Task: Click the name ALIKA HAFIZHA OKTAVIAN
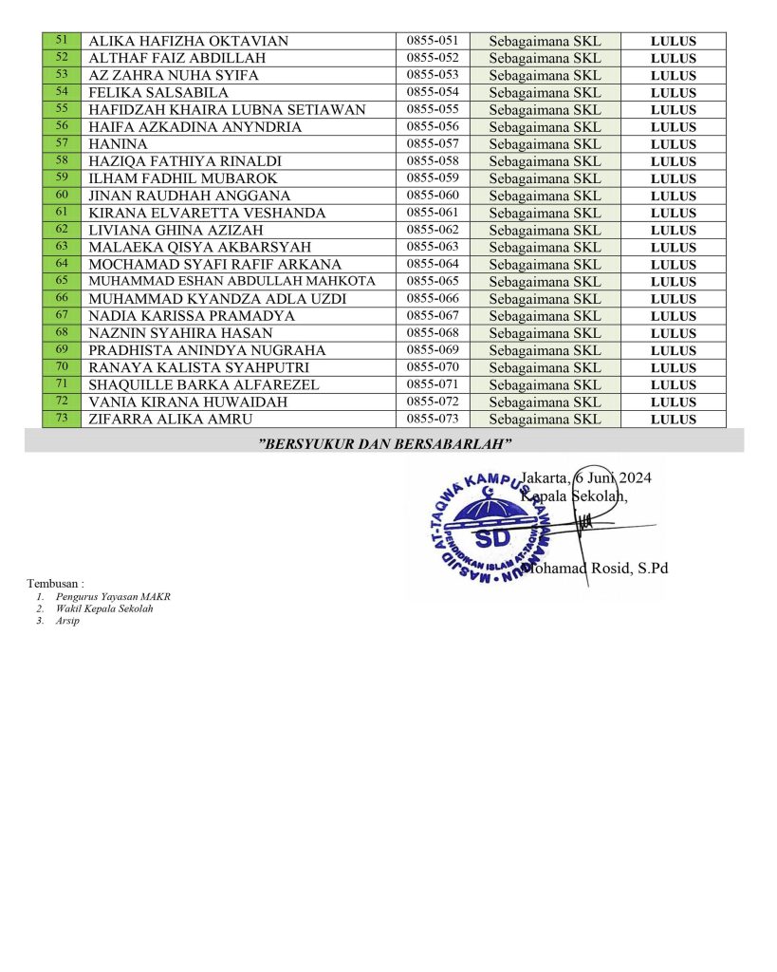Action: click(x=188, y=41)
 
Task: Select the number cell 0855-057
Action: click(x=433, y=144)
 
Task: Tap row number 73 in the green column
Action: click(x=62, y=419)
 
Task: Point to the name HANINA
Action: click(x=118, y=144)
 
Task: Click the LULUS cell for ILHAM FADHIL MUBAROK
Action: click(x=674, y=178)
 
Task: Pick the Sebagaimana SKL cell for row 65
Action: click(x=545, y=282)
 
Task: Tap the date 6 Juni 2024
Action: click(x=613, y=477)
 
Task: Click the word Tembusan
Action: click(x=55, y=583)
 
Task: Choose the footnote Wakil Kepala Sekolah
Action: click(x=104, y=608)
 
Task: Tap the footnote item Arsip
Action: click(x=67, y=621)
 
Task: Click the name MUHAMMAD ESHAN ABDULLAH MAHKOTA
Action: click(x=231, y=282)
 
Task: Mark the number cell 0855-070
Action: click(x=433, y=367)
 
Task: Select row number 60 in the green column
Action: click(x=62, y=195)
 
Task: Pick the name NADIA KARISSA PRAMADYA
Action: click(x=191, y=316)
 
